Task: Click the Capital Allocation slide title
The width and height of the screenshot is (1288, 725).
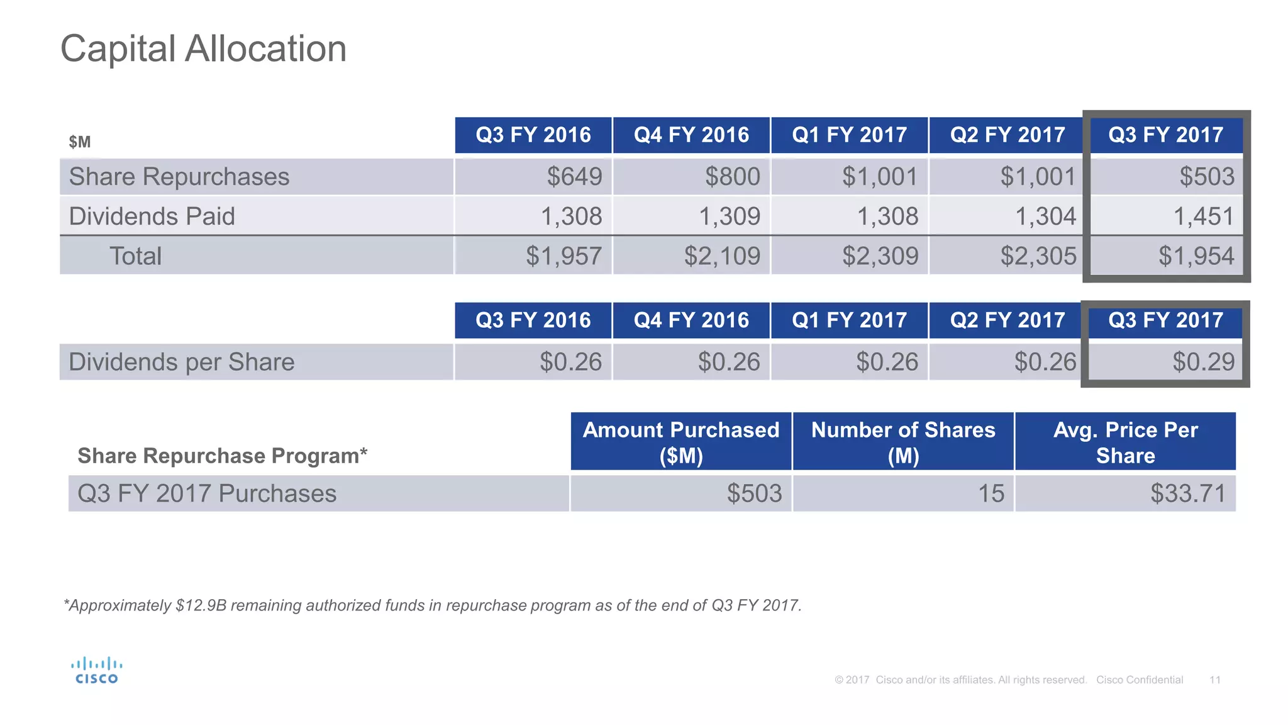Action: pos(203,49)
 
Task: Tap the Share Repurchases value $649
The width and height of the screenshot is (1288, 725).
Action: pos(574,177)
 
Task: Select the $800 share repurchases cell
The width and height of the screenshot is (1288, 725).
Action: pos(732,177)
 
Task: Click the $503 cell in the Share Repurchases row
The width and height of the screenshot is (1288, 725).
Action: pos(1206,177)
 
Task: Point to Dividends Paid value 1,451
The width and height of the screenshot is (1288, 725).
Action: pos(1203,216)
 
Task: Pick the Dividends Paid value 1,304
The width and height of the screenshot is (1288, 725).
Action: pos(1045,216)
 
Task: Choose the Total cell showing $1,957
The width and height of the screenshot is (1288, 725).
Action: pos(563,256)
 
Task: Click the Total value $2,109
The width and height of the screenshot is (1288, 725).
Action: pos(722,256)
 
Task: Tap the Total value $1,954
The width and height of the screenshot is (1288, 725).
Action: pos(1196,256)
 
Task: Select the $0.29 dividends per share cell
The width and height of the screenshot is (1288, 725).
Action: pos(1203,362)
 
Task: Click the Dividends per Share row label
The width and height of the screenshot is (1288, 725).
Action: pos(182,362)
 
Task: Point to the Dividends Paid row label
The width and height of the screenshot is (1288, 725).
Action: pos(152,216)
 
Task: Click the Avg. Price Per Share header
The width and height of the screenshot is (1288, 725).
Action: pos(1125,442)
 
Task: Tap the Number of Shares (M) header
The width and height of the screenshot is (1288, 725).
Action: pos(903,442)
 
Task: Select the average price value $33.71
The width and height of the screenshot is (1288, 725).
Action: pos(1188,493)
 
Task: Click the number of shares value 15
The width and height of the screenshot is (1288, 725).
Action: pos(991,493)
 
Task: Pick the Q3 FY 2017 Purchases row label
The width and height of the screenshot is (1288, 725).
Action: pos(207,493)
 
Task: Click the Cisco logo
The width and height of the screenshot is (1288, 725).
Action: pos(96,670)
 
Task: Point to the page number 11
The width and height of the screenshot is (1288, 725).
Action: pos(1214,680)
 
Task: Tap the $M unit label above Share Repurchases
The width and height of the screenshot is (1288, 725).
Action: pos(80,142)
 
